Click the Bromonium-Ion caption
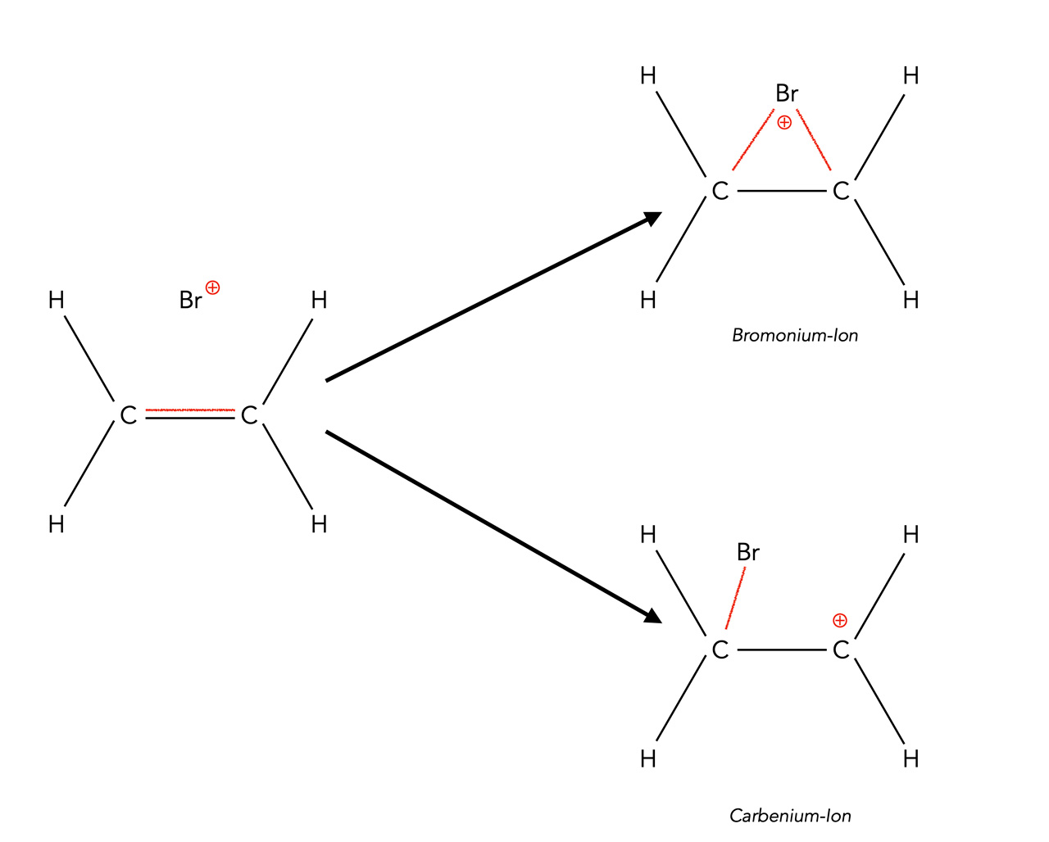click(x=794, y=335)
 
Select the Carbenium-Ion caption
click(x=790, y=816)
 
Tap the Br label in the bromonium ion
click(x=787, y=94)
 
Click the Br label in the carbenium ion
click(x=748, y=553)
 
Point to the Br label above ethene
click(x=190, y=301)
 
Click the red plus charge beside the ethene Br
click(x=213, y=287)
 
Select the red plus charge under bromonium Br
click(x=784, y=123)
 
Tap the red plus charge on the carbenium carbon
click(x=839, y=620)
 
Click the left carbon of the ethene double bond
click(x=128, y=416)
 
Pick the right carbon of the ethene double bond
click(x=249, y=416)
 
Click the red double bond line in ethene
click(x=189, y=410)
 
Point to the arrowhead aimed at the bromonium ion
click(x=653, y=219)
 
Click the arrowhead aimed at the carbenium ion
click(x=653, y=616)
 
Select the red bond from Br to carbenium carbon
click(x=735, y=597)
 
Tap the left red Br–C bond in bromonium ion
click(x=752, y=143)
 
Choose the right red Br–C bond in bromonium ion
click(x=814, y=140)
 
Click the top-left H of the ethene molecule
click(x=56, y=301)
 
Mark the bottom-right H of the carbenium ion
click(x=910, y=759)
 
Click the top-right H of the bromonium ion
click(x=910, y=76)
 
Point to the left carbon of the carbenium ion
click(x=720, y=650)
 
